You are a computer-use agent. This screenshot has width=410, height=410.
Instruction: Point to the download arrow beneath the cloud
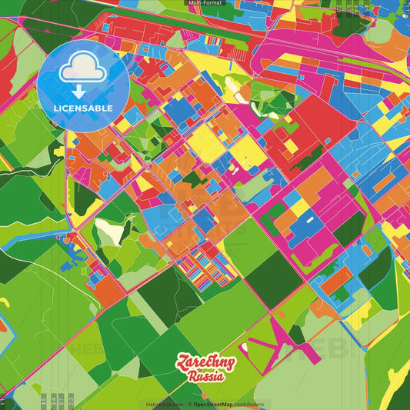click(x=78, y=91)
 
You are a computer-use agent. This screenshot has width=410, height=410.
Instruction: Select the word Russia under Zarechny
click(x=205, y=377)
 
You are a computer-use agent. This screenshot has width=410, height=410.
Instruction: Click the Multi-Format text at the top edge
click(x=205, y=3)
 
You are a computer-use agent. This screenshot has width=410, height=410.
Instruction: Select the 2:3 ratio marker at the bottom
click(x=71, y=401)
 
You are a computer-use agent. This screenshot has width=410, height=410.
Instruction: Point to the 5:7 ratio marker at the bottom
click(x=62, y=401)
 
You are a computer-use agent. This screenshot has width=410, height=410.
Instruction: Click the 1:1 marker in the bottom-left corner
click(x=3, y=401)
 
